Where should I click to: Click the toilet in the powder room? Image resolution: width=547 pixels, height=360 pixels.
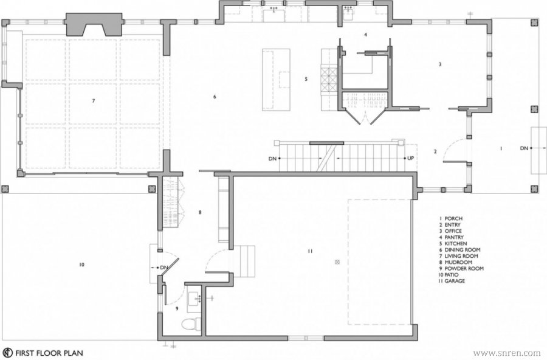click(x=190, y=324)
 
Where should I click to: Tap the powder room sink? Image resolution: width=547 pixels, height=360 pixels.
click(x=194, y=299)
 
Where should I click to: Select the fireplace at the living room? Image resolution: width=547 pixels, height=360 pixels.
click(x=94, y=25)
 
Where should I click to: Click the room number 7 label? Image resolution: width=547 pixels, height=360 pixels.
click(x=94, y=101)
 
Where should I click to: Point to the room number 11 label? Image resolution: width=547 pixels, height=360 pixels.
click(x=310, y=251)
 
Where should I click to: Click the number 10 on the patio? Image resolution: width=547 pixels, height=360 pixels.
click(x=81, y=265)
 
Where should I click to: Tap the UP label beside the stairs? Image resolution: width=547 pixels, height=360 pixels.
click(x=411, y=158)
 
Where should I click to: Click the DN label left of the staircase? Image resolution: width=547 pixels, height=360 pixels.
click(x=272, y=159)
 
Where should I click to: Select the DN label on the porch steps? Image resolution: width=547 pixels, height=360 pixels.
click(x=524, y=148)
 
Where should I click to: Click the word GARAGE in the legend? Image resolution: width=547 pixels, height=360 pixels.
click(x=455, y=281)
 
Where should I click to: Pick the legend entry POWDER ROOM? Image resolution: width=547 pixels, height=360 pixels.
click(x=461, y=269)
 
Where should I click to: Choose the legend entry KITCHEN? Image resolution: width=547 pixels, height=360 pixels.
click(x=453, y=243)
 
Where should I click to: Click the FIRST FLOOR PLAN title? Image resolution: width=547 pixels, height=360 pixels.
click(x=49, y=353)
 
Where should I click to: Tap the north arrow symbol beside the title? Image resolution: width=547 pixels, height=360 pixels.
click(x=9, y=353)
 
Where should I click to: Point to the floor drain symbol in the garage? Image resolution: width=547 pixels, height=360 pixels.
click(x=337, y=262)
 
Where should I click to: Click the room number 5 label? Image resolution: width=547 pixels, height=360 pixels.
click(x=306, y=79)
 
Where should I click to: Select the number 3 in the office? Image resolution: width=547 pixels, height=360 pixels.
click(x=440, y=64)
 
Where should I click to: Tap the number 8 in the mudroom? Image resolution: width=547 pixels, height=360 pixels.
click(x=200, y=212)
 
